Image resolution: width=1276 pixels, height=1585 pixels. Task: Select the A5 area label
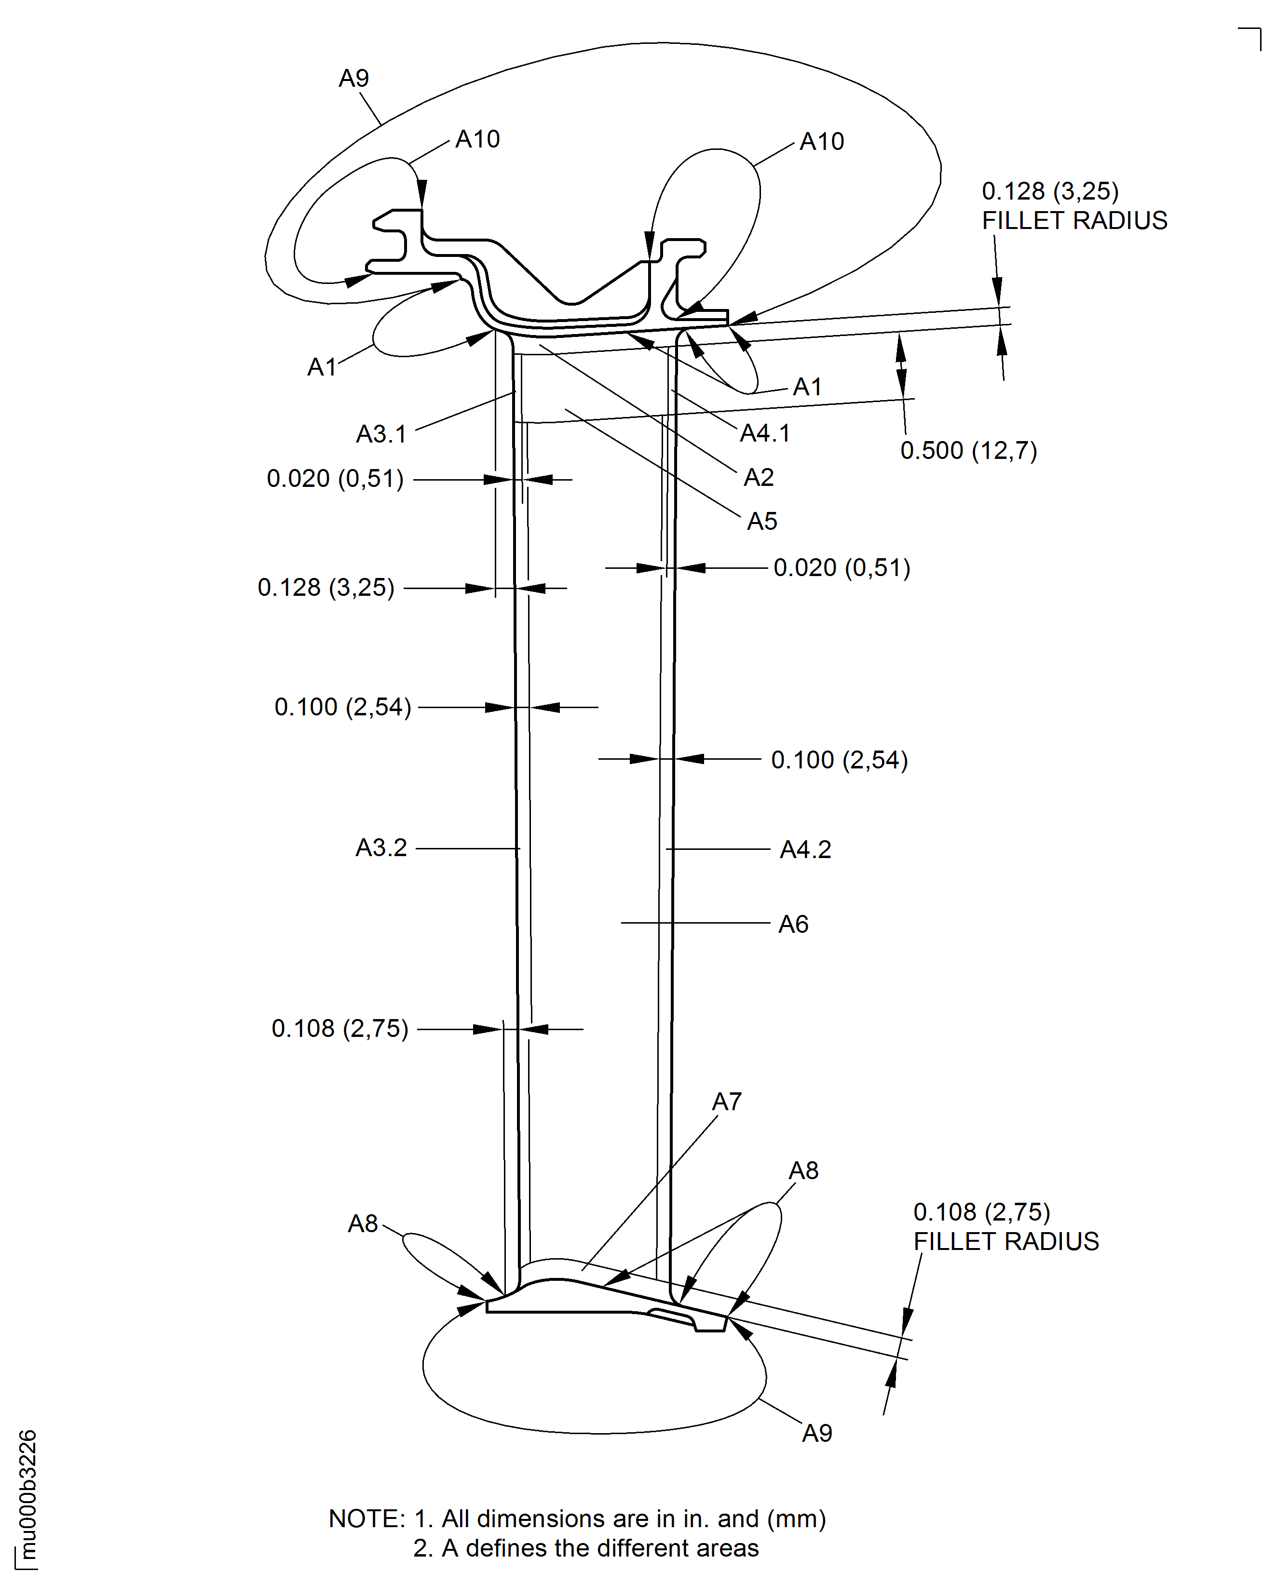pyautogui.click(x=762, y=521)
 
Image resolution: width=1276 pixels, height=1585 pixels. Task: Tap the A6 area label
pyautogui.click(x=794, y=924)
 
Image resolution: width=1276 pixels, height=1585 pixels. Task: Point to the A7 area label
pyautogui.click(x=727, y=1102)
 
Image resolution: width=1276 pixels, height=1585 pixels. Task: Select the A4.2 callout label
pyautogui.click(x=805, y=850)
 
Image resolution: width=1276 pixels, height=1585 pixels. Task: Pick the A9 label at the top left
pyautogui.click(x=354, y=79)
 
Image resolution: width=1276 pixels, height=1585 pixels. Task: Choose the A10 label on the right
pyautogui.click(x=822, y=141)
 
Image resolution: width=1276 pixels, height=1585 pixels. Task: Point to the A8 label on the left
pyautogui.click(x=363, y=1224)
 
